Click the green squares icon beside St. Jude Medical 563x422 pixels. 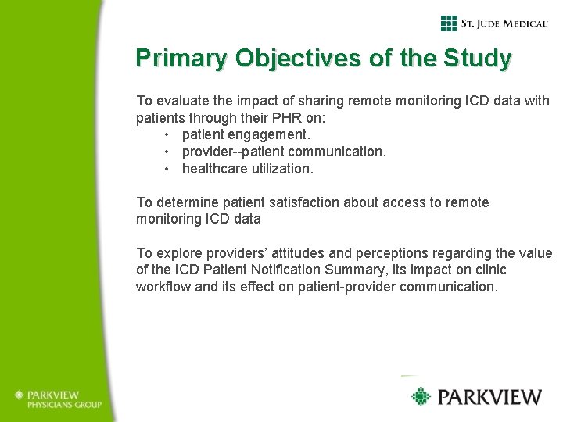[448, 23]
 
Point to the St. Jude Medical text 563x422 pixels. [504, 23]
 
